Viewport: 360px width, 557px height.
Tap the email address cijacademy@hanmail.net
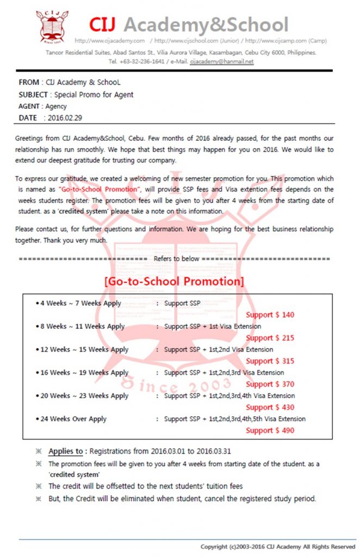(x=222, y=61)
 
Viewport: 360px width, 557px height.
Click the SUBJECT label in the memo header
(x=33, y=95)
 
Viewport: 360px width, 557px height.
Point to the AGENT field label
(x=30, y=106)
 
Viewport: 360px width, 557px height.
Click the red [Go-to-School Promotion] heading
(x=174, y=282)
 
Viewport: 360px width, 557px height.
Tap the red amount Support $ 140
(x=270, y=315)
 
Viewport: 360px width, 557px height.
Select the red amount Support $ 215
(x=270, y=338)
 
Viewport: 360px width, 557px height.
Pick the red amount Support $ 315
(x=270, y=361)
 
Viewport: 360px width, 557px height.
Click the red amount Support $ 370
(x=270, y=384)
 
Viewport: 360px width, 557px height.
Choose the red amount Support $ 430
(x=270, y=407)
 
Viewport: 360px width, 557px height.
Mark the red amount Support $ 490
(x=270, y=430)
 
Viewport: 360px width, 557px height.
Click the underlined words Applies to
(x=65, y=451)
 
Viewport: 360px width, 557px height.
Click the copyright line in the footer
(x=277, y=546)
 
